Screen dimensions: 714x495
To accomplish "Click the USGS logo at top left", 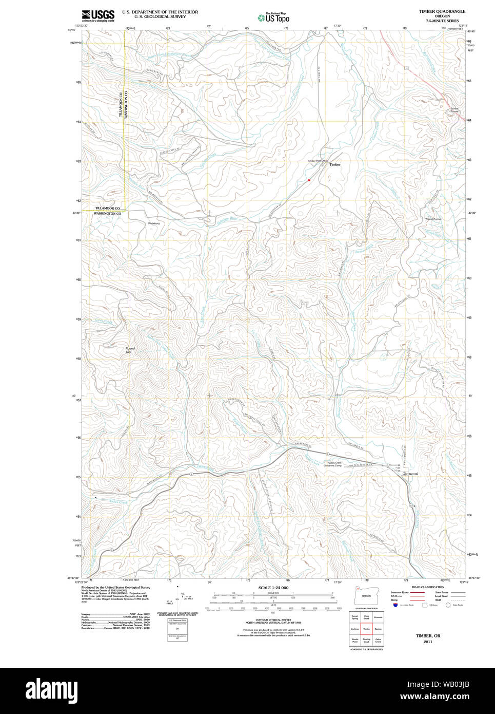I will (98, 15).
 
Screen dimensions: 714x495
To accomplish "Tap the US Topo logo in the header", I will (273, 17).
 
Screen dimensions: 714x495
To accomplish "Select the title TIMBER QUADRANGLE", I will (442, 11).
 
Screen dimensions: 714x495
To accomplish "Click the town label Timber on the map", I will (335, 165).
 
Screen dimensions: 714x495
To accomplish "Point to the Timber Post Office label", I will (317, 161).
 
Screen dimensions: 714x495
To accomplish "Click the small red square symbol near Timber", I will (309, 180).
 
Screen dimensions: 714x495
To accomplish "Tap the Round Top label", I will (130, 350).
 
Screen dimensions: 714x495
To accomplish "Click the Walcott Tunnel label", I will (433, 219).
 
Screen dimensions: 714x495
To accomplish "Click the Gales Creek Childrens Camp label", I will (335, 464).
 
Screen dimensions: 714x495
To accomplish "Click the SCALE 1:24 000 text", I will (273, 588).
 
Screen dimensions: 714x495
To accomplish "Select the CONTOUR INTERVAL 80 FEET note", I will (273, 620).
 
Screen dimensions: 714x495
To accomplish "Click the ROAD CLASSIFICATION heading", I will (428, 587).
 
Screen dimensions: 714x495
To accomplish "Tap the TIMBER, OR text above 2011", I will (428, 636).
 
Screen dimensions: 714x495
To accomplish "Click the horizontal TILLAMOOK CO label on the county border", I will (107, 208).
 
